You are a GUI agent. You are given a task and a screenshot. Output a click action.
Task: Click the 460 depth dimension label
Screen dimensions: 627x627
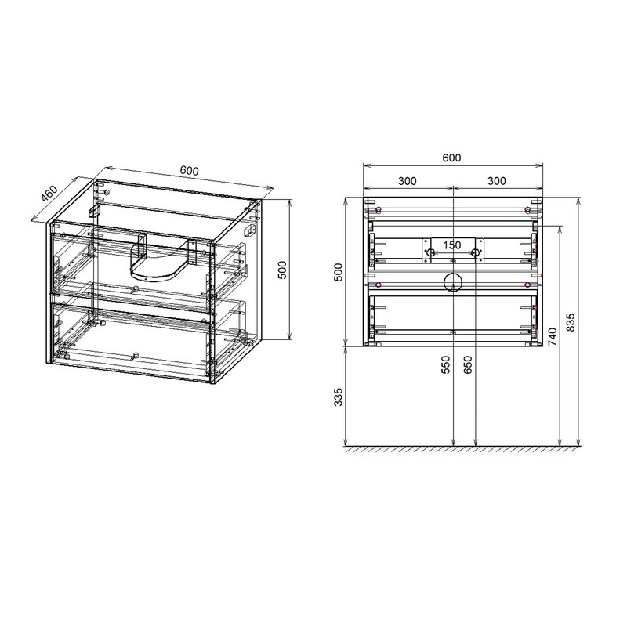click(50, 194)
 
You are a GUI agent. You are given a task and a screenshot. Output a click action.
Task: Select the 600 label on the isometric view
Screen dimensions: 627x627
click(189, 170)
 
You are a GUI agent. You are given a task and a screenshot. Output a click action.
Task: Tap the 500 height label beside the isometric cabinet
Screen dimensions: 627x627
click(282, 270)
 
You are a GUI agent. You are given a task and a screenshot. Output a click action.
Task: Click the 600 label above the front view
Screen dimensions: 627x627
click(451, 158)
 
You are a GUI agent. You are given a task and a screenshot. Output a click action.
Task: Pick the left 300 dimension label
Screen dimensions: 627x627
click(407, 181)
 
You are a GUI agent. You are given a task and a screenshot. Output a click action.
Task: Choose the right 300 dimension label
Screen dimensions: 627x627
click(496, 181)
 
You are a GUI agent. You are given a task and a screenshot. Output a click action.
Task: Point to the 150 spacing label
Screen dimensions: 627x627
click(452, 245)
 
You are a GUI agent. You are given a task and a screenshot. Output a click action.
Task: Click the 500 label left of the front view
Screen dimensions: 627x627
click(339, 272)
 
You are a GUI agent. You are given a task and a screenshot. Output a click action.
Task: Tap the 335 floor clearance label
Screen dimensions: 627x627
click(339, 397)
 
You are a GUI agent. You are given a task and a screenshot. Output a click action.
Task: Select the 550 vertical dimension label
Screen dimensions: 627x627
click(446, 364)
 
